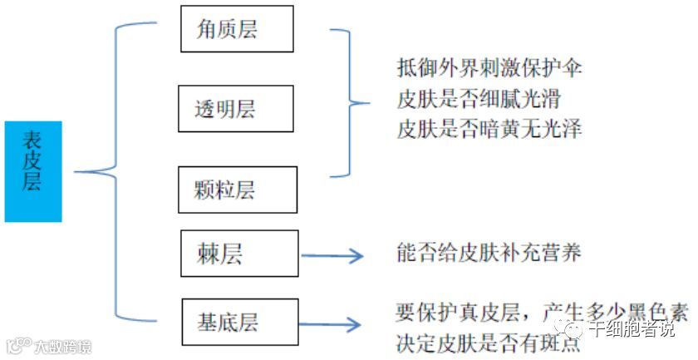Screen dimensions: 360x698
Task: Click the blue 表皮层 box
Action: pyautogui.click(x=32, y=171)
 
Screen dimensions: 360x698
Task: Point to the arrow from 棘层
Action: pyautogui.click(x=332, y=256)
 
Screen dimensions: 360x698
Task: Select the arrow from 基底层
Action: pyautogui.click(x=332, y=324)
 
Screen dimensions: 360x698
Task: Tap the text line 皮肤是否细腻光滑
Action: pyautogui.click(x=479, y=100)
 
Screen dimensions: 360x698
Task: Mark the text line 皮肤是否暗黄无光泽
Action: pyautogui.click(x=489, y=130)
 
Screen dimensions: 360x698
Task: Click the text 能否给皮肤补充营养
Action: pyautogui.click(x=489, y=254)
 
